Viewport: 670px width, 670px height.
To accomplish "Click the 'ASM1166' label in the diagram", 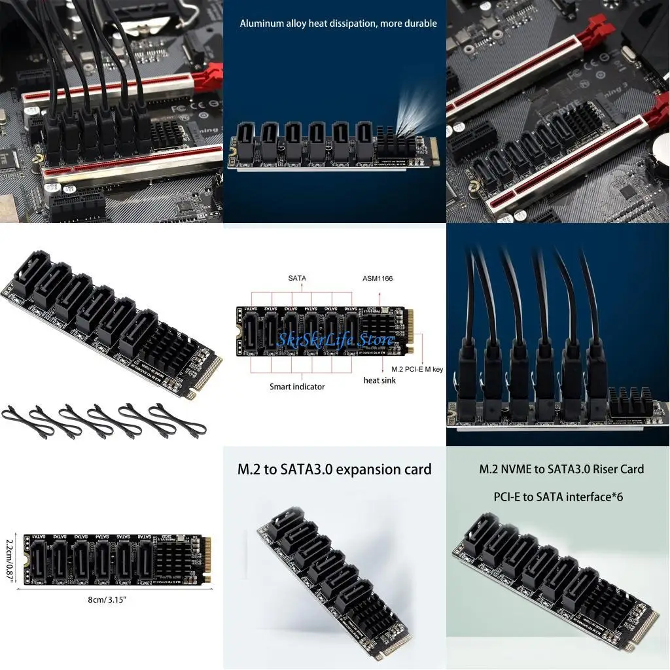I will coord(378,279).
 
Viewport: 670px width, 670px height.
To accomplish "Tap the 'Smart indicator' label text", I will coord(297,387).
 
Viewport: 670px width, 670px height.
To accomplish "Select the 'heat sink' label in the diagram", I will coord(379,380).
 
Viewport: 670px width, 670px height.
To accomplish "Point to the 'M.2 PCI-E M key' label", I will coord(417,370).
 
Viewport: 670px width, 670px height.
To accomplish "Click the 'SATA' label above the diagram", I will coord(297,279).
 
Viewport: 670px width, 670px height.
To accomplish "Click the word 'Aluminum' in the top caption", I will coord(260,24).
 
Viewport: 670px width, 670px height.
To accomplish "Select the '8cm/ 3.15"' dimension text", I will coord(106,599).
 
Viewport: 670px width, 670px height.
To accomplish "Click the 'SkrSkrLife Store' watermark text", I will coord(336,340).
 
